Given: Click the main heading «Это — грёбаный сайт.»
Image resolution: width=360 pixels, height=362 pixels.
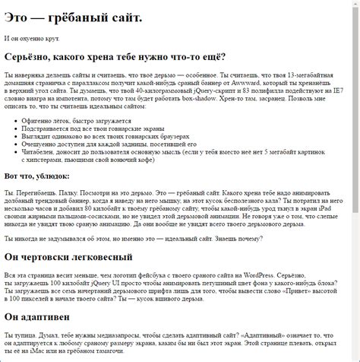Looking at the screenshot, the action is [73, 17].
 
